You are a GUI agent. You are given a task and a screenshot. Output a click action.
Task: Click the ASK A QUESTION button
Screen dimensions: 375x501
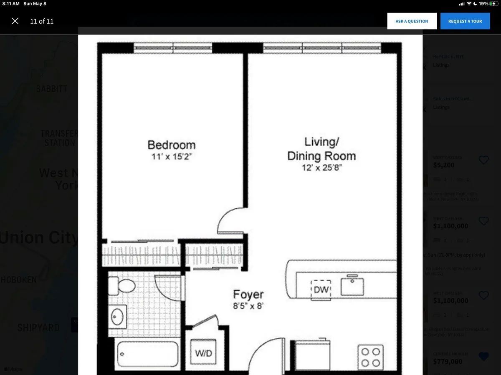pyautogui.click(x=412, y=21)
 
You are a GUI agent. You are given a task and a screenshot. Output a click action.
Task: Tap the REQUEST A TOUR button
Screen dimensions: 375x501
pyautogui.click(x=465, y=21)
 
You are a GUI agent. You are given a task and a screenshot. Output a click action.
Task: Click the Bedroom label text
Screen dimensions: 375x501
pyautogui.click(x=172, y=145)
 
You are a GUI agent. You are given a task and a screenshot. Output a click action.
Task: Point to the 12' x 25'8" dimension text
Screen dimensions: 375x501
pyautogui.click(x=321, y=168)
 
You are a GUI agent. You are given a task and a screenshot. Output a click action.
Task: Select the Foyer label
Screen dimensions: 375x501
pyautogui.click(x=248, y=295)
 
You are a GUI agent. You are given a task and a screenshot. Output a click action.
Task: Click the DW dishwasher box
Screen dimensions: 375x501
pyautogui.click(x=321, y=289)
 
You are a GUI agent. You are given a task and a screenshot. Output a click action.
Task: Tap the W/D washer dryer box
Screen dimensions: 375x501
pyautogui.click(x=204, y=353)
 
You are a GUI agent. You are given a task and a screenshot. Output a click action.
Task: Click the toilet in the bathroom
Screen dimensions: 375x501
pyautogui.click(x=123, y=286)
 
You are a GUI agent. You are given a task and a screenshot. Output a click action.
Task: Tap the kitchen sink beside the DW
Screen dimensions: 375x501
pyautogui.click(x=352, y=286)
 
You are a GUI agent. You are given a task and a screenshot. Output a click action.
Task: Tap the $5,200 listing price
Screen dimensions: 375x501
pyautogui.click(x=444, y=165)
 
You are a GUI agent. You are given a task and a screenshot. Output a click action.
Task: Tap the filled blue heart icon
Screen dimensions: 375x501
pyautogui.click(x=483, y=356)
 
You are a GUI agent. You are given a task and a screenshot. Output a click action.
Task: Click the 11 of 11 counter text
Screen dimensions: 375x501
pyautogui.click(x=42, y=21)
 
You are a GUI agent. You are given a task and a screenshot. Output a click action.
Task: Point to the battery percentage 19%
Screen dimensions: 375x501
pyautogui.click(x=483, y=4)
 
